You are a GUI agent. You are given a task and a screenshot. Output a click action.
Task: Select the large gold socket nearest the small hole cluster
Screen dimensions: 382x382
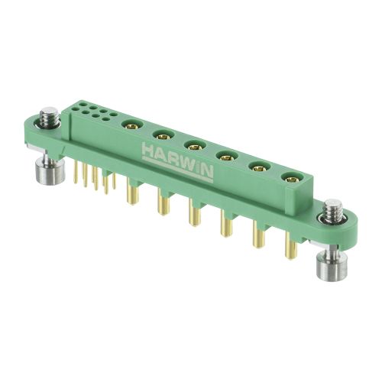click(x=132, y=125)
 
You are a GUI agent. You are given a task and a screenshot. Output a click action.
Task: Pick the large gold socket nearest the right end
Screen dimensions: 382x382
click(x=292, y=179)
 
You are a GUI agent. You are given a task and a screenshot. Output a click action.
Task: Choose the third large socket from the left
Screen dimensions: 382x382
click(x=196, y=147)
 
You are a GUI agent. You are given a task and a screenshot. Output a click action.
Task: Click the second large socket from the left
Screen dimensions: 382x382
click(x=163, y=136)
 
